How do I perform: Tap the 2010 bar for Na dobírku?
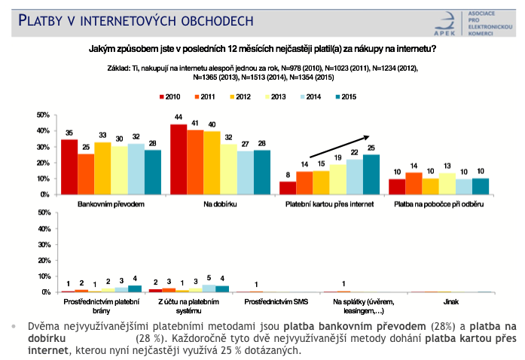tap(179, 160)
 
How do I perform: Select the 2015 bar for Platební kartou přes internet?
tap(371, 175)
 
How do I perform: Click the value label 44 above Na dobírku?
tap(179, 117)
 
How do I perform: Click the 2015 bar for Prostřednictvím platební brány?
tap(134, 288)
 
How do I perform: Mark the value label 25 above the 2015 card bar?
tap(371, 148)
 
